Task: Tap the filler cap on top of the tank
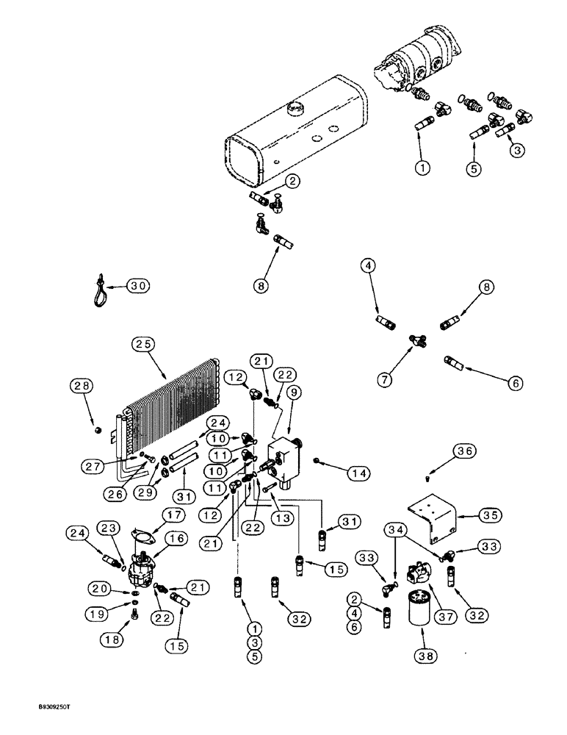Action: [297, 108]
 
